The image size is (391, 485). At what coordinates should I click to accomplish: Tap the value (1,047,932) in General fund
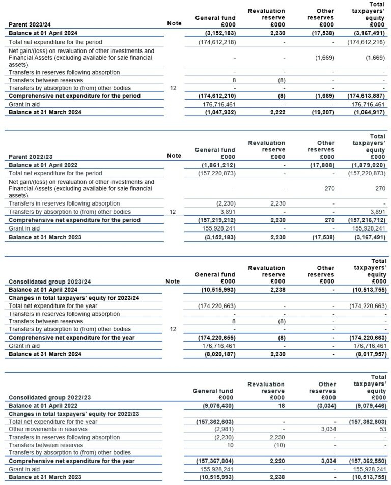coord(217,112)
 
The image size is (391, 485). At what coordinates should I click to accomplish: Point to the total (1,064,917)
coord(368,112)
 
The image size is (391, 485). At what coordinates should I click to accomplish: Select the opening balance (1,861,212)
coord(217,165)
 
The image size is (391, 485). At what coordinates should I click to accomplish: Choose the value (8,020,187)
coord(217,353)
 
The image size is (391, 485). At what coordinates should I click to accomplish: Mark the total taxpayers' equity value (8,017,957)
coord(368,353)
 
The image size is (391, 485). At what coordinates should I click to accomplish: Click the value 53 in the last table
coord(383,429)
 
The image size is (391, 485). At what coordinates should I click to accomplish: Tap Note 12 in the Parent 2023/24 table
coord(173,88)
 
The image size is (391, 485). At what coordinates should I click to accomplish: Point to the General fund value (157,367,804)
coord(216,461)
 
